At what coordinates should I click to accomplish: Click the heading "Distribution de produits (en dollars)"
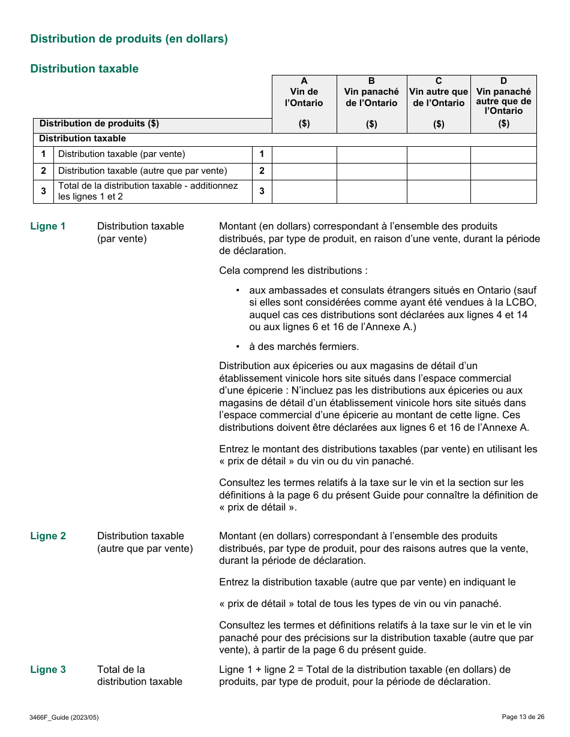point(129,39)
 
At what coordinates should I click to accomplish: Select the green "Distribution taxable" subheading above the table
point(84,69)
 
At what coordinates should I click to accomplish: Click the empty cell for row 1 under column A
point(304,155)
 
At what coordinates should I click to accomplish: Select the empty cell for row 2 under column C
point(439,171)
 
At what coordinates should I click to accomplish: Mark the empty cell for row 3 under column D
point(503,192)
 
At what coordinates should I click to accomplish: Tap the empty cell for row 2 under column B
point(371,171)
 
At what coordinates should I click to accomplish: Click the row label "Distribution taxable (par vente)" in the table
point(122,155)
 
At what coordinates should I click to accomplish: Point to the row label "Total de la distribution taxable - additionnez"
point(148,186)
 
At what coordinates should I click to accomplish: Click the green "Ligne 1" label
point(48,226)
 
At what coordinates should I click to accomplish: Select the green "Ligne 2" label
point(48,536)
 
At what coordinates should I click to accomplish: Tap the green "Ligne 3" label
point(48,670)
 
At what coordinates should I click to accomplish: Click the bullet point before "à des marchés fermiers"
point(238,346)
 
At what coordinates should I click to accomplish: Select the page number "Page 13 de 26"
point(523,717)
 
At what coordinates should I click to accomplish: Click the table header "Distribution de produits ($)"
point(99,124)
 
